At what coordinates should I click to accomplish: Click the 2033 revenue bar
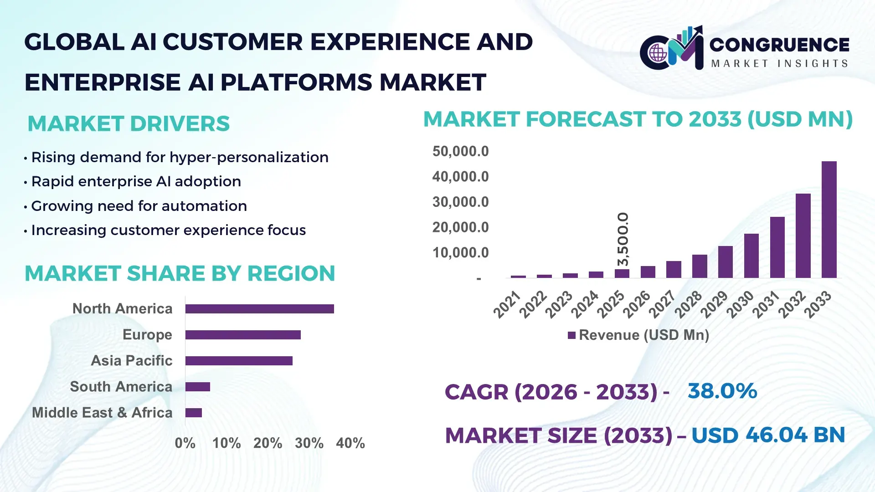[829, 220]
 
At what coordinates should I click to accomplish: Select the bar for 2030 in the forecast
[751, 256]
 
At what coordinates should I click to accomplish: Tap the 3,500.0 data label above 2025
[623, 239]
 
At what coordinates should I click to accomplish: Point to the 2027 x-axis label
[662, 304]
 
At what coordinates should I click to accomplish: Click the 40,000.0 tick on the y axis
[460, 177]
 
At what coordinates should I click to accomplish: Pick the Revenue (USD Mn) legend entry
[638, 335]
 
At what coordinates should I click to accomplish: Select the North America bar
[259, 309]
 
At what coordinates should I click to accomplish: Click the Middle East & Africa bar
[194, 413]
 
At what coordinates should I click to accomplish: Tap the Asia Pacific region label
[131, 361]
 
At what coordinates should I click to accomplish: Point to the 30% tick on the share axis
[309, 443]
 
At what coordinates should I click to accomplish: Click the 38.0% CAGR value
[722, 391]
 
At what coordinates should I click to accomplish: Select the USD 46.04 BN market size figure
[768, 435]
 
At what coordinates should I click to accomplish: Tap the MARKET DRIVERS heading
[129, 124]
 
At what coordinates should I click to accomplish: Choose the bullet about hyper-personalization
[180, 157]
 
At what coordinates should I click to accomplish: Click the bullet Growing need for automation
[139, 206]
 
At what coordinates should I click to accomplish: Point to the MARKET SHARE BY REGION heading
[180, 274]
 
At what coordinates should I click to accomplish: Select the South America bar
[198, 387]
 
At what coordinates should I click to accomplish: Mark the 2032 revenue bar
[803, 236]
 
